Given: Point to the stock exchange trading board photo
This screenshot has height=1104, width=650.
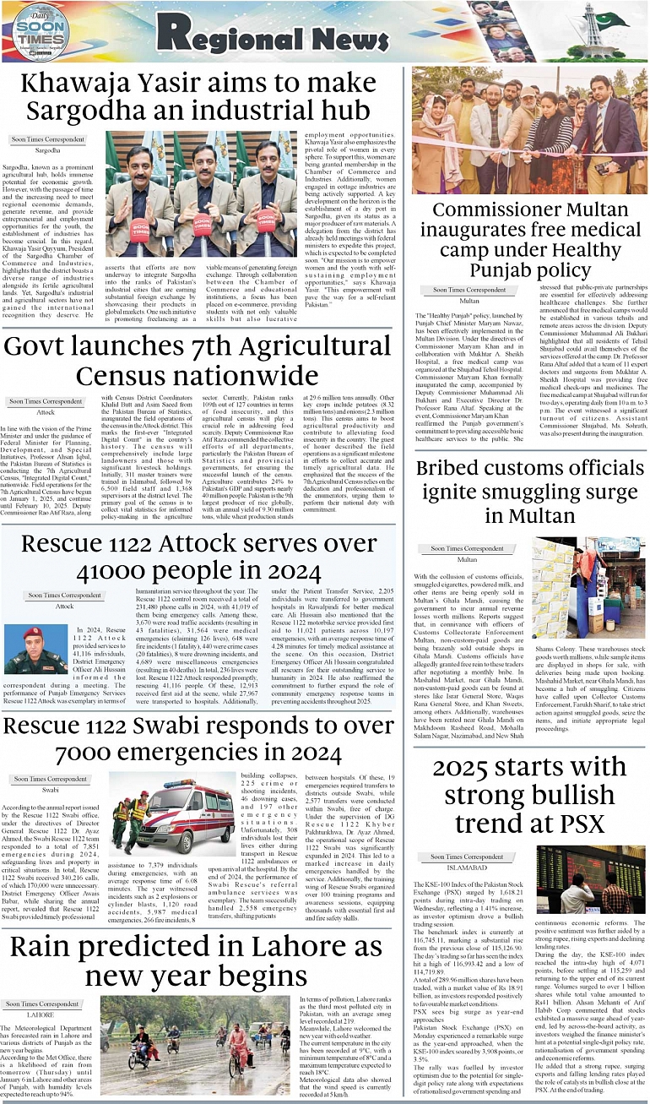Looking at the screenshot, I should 591,879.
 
